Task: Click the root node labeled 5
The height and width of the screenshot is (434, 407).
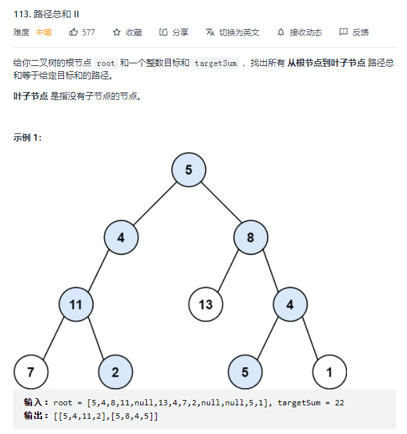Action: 189,169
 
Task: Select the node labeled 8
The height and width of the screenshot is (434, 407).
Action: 251,237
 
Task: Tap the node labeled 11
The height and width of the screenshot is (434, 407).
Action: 75,305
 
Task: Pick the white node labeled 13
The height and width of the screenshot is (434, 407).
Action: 206,305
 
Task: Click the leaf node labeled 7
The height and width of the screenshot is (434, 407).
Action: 30,372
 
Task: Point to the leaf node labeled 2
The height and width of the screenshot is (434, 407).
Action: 115,372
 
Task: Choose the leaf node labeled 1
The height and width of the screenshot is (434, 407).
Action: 330,372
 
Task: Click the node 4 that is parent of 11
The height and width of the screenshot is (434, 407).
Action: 121,237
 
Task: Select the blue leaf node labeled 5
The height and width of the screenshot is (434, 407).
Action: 245,372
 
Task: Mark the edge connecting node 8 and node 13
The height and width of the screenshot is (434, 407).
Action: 228,271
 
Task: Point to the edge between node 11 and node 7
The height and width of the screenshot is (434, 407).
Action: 53,338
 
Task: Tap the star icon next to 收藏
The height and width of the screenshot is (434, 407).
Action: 117,32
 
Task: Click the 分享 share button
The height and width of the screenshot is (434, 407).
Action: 174,32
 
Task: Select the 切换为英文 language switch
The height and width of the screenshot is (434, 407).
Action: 233,32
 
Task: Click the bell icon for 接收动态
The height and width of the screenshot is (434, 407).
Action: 281,32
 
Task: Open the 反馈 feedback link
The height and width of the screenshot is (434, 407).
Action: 354,32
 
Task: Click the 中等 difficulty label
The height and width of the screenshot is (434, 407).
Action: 44,32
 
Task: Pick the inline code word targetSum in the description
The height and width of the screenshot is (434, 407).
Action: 216,63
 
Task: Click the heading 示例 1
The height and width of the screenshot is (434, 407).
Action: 27,137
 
